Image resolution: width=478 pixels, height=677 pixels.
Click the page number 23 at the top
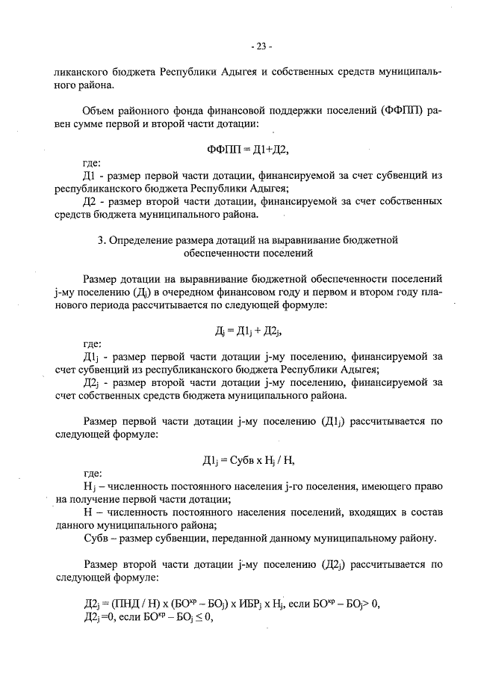[262, 46]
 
